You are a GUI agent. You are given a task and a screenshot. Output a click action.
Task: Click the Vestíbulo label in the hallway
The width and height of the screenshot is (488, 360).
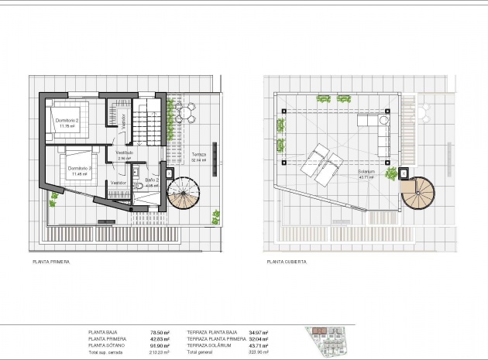tap(125, 153)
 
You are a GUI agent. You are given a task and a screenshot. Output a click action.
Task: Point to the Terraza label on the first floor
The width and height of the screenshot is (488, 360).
tap(198, 155)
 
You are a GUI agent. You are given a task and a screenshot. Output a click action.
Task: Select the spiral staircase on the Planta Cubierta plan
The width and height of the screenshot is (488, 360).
tap(419, 194)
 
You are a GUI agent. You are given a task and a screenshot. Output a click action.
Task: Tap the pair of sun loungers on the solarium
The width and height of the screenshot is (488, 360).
tap(322, 163)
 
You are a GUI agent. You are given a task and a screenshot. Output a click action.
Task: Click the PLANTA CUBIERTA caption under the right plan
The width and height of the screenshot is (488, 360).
tap(286, 262)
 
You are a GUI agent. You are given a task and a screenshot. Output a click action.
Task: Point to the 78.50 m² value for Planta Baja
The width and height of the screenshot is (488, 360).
tap(160, 332)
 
